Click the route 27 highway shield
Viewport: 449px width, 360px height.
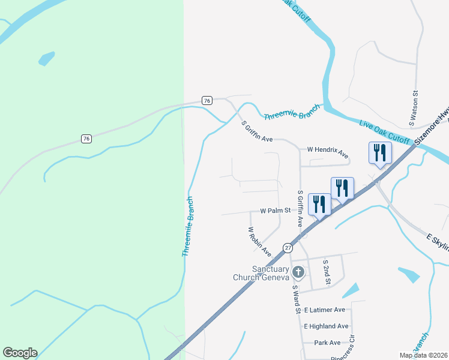288,248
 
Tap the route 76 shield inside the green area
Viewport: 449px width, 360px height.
86,139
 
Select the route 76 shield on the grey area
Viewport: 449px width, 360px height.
207,100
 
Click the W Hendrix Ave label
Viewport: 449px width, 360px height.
328,152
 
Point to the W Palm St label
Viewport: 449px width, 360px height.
275,211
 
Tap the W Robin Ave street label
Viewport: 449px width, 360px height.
260,241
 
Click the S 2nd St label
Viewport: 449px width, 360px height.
327,272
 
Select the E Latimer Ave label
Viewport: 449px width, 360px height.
325,310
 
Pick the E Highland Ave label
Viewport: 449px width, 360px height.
326,326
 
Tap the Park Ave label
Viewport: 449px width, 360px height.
327,343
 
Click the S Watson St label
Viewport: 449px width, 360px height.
414,109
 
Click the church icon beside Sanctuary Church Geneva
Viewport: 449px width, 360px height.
299,272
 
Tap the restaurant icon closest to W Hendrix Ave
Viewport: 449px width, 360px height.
380,153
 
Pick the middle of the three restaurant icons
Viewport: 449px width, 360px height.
342,188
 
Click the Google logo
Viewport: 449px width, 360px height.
20,353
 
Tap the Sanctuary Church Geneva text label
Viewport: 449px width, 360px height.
262,273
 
